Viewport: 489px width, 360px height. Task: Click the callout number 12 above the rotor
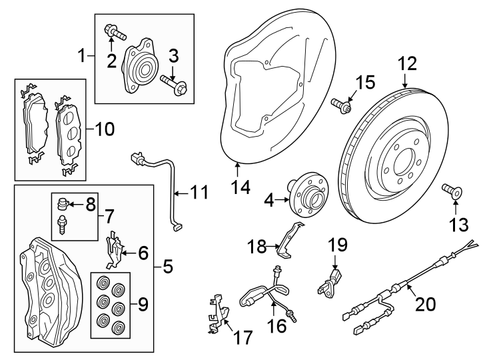[407, 63]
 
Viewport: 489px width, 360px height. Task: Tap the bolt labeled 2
[115, 32]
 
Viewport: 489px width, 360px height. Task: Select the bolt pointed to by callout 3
[174, 85]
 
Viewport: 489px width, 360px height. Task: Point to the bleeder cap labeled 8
[63, 204]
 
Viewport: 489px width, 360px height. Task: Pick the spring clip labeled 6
[115, 249]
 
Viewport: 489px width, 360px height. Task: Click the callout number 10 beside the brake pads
[105, 129]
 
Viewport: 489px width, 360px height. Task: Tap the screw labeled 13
[452, 191]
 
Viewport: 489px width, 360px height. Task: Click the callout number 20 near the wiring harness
[426, 303]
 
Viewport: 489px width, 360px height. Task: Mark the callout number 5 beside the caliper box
[168, 267]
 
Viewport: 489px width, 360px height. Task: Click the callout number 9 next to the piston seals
[143, 304]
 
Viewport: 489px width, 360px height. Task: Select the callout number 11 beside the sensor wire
[199, 192]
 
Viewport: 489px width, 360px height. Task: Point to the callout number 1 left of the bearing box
[82, 56]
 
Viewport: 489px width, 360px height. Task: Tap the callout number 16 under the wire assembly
[277, 325]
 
